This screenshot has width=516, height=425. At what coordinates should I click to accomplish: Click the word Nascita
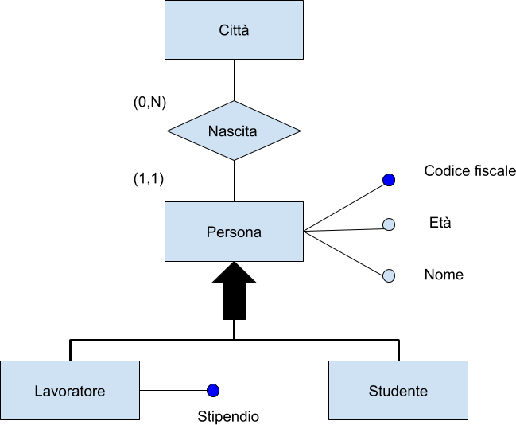point(232,131)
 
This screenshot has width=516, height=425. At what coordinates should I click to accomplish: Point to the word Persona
point(234,232)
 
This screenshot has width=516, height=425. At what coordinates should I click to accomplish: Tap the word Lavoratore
point(70,392)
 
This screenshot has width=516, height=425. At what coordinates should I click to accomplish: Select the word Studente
point(398,392)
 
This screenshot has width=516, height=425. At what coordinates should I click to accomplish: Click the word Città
point(234,31)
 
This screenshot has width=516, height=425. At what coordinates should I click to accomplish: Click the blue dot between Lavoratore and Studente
point(213,391)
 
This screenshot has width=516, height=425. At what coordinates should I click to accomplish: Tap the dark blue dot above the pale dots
point(389,181)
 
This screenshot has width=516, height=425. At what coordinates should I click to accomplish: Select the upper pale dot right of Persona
point(389,224)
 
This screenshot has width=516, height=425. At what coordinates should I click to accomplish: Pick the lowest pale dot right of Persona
point(389,276)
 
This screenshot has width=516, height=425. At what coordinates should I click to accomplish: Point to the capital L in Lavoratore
point(38,392)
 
